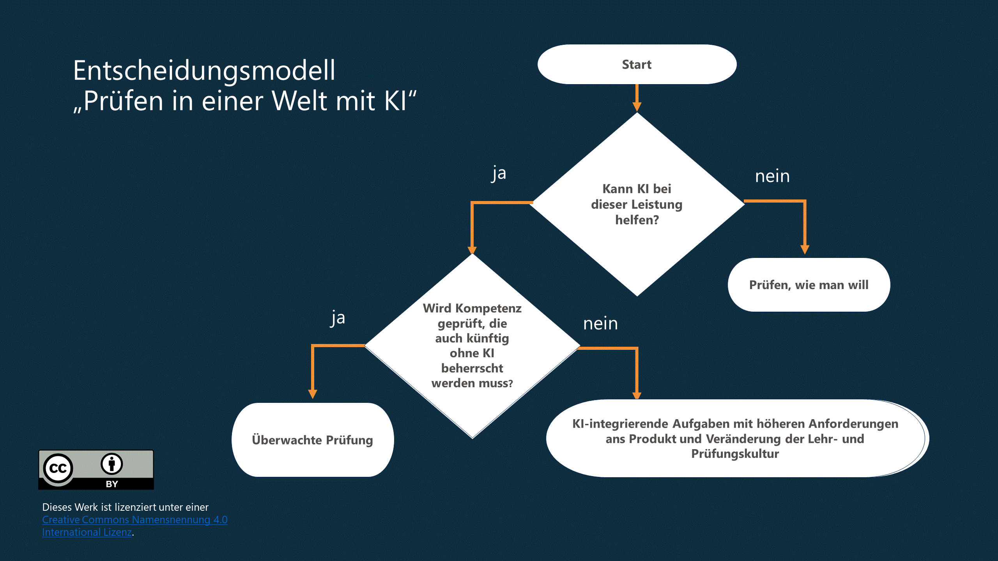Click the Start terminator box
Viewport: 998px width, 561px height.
pos(637,64)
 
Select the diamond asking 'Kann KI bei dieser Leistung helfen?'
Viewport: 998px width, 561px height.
pos(637,204)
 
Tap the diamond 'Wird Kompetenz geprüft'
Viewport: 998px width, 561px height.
pos(472,346)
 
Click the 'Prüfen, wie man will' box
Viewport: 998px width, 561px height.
pos(809,285)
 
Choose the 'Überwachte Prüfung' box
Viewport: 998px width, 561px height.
pos(312,440)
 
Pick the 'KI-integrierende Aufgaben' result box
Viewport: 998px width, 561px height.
pos(735,438)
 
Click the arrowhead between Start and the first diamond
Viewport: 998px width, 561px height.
pos(637,106)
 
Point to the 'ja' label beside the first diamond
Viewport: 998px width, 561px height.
pos(499,173)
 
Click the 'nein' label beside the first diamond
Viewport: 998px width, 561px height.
pos(772,176)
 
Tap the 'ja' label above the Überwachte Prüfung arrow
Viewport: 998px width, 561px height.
pos(338,318)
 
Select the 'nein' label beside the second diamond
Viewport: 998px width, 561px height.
pos(600,324)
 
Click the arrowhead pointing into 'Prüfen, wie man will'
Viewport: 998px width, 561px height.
pos(805,249)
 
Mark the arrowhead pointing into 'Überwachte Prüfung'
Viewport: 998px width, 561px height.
pos(313,393)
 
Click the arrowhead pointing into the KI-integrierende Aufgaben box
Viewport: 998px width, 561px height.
pos(637,395)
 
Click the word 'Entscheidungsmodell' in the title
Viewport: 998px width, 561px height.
pos(204,71)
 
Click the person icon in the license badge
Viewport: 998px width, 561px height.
pos(112,464)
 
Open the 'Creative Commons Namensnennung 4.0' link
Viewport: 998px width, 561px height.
pos(134,520)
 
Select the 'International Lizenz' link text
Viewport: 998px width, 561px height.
pos(87,532)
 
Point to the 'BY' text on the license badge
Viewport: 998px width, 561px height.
pos(112,484)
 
